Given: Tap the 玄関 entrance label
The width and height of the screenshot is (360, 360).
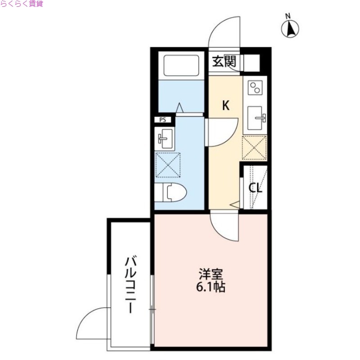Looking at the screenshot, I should [x=224, y=61].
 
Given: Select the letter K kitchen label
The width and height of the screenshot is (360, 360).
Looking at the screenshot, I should [x=226, y=106].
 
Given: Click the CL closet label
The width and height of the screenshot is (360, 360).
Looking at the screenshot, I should [x=256, y=188].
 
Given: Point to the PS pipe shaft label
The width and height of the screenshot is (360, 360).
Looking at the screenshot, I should [x=162, y=120].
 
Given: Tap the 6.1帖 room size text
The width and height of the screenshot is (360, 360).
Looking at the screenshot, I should [x=210, y=287].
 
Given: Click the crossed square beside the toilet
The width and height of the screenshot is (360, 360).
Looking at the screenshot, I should [x=167, y=165].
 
